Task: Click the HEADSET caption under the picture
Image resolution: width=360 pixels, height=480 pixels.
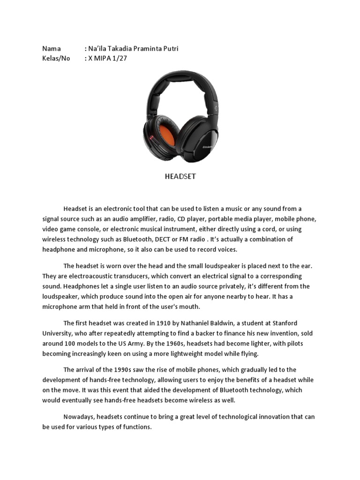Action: [180, 177]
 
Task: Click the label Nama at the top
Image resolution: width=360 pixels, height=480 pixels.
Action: [52, 49]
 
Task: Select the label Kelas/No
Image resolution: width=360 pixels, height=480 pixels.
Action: [56, 59]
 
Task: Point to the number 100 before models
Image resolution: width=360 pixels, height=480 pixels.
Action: [67, 344]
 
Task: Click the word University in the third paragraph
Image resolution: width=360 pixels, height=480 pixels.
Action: [57, 333]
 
